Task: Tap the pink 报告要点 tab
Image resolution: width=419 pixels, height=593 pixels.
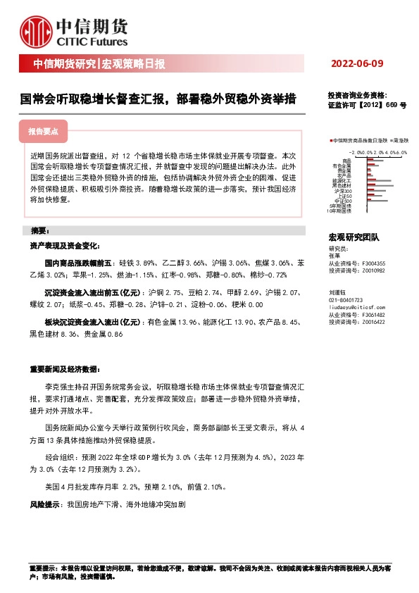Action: pyautogui.click(x=47, y=132)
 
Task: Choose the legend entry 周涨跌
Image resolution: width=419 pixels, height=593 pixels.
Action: pyautogui.click(x=401, y=141)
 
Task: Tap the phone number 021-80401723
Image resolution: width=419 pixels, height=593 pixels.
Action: pyautogui.click(x=348, y=300)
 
